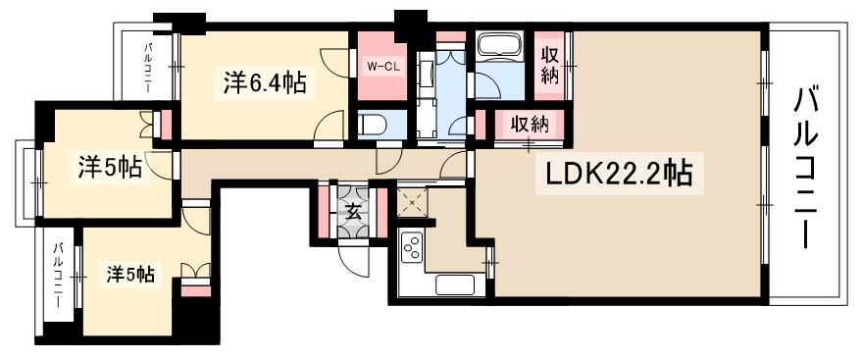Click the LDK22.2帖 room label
[619, 175]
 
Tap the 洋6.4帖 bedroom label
[265, 84]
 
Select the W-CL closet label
[380, 67]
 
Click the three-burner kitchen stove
[411, 248]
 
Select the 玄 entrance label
[353, 213]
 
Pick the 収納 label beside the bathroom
[550, 65]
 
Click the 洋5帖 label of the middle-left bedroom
[109, 168]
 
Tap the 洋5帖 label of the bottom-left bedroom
[129, 274]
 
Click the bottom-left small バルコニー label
[57, 276]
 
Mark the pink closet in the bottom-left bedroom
[195, 290]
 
